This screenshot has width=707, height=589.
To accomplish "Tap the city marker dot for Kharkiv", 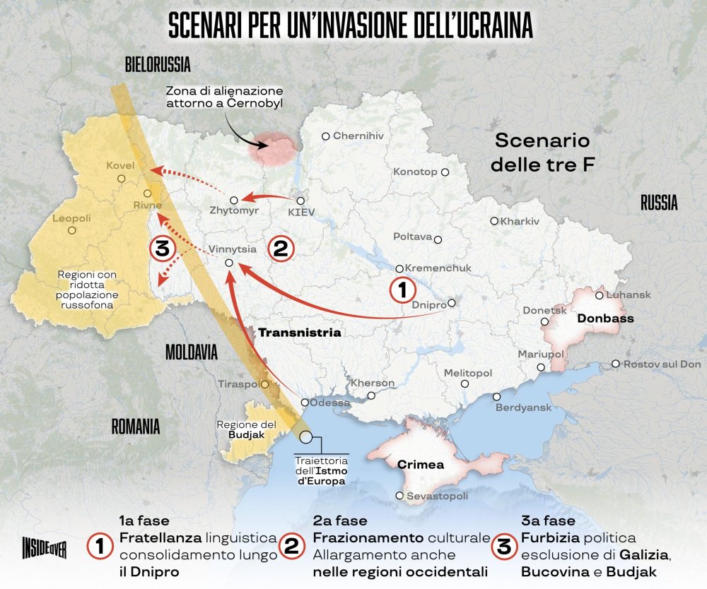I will coord(495,221).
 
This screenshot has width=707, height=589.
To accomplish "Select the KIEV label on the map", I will coord(302,211).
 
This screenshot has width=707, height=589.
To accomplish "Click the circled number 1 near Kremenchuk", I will coord(399,290).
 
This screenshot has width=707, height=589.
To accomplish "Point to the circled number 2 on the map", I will coord(279,249).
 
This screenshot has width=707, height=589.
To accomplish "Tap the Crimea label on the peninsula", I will coord(421,465).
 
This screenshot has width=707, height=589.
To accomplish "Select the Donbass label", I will coord(605,319).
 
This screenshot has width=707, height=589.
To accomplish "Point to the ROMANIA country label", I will coord(135,427).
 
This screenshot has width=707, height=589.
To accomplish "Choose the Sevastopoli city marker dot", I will coord(401,496).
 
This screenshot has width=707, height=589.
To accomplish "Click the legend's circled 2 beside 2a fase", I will coord(291,546).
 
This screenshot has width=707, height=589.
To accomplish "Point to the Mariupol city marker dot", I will coord(542,367).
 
